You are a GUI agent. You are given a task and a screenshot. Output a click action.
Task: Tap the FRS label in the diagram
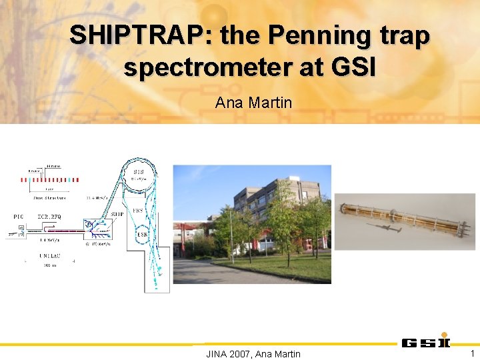138,209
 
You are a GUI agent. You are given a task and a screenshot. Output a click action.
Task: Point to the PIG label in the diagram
19,216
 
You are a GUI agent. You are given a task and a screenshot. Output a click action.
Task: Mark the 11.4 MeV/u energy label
97,197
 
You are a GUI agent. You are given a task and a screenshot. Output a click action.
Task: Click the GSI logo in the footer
425,343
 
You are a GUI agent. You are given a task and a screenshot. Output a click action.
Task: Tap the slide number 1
472,353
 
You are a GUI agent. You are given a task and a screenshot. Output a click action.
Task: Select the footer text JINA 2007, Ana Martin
253,353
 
